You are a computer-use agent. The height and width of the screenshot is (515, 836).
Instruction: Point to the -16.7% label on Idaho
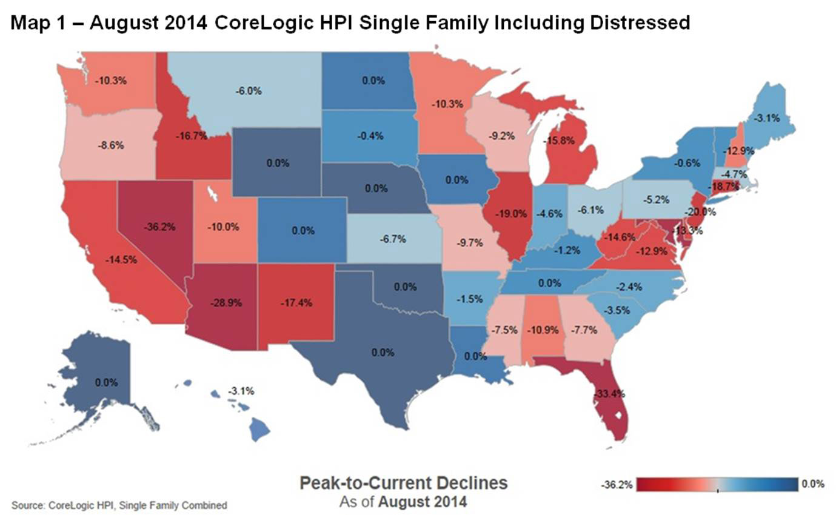192,137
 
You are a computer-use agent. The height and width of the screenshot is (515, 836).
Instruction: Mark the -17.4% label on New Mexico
297,302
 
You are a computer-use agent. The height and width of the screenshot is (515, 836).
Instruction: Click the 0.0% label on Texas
383,352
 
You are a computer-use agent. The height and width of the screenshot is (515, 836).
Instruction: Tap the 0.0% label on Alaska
107,382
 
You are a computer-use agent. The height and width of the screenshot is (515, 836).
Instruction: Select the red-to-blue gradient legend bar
717,484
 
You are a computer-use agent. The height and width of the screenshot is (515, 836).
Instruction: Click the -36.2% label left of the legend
617,485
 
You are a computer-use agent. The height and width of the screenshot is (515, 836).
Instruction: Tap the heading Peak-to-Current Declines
403,483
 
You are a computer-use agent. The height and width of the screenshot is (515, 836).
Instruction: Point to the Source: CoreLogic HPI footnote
119,505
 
